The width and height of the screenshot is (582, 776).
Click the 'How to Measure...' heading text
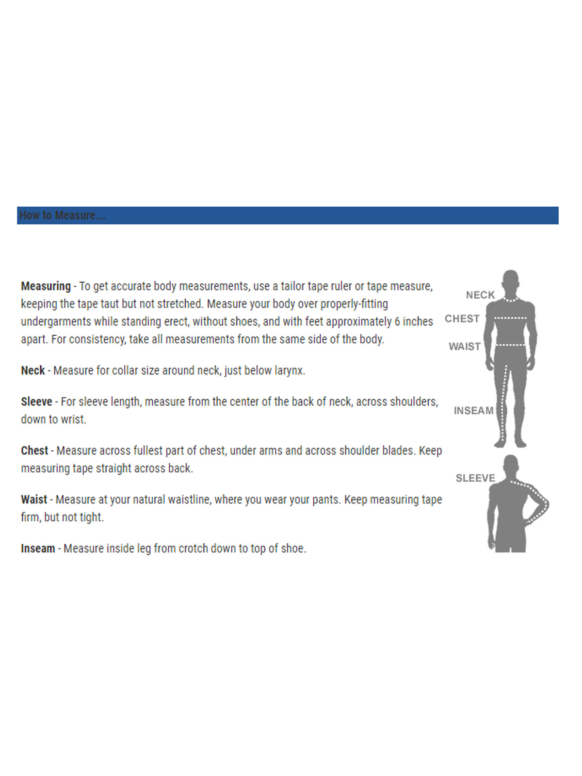(x=62, y=215)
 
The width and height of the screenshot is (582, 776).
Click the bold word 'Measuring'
(x=46, y=286)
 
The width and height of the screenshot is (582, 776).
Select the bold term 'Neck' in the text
(x=33, y=371)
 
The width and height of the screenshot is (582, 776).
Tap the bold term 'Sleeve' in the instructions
(x=36, y=402)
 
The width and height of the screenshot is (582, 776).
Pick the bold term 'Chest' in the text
(x=34, y=451)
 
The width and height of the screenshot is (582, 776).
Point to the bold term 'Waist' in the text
(x=34, y=500)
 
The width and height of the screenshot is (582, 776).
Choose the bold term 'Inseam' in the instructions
(x=38, y=549)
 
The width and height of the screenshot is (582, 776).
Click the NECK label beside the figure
(x=480, y=295)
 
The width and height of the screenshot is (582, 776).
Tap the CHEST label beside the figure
(x=462, y=319)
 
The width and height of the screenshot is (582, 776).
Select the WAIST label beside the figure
(x=464, y=346)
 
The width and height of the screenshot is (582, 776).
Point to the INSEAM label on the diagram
(x=473, y=411)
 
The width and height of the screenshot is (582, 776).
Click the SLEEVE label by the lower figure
(x=475, y=478)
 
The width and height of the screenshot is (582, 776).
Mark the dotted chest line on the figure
(x=510, y=318)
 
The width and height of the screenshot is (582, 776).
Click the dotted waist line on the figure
(x=511, y=345)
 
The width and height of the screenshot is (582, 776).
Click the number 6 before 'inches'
(x=397, y=322)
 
